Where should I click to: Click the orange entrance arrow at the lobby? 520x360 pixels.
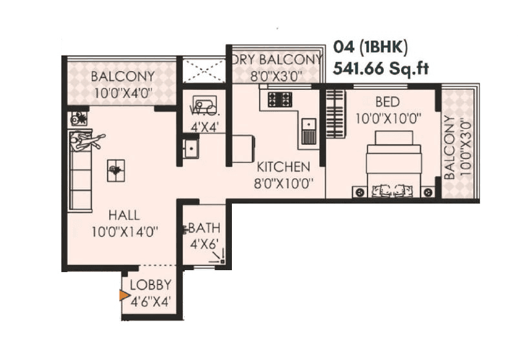[124, 295]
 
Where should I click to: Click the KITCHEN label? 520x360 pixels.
[283, 167]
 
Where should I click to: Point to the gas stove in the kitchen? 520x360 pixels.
[280, 100]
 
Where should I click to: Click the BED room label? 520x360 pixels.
[387, 101]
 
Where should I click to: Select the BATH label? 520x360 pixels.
[205, 228]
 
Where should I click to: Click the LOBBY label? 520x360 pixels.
[151, 285]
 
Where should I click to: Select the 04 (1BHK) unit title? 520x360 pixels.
[371, 47]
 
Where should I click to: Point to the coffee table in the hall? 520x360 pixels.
[116, 170]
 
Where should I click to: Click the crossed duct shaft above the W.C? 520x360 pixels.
[203, 70]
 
